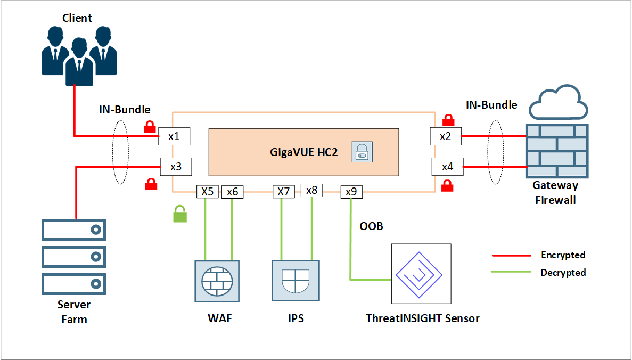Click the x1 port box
point(174,136)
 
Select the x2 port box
point(446,136)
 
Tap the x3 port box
point(176,166)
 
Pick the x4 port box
point(447,167)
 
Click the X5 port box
point(207,192)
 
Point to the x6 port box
point(233,192)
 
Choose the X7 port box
point(284,192)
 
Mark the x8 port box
point(312,190)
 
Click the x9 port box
point(351,192)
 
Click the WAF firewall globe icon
point(217,281)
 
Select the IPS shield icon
point(296,281)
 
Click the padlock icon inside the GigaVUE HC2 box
point(362,152)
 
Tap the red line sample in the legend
point(511,256)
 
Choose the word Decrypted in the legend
point(563,273)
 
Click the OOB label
point(371,226)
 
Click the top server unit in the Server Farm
point(74,230)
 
